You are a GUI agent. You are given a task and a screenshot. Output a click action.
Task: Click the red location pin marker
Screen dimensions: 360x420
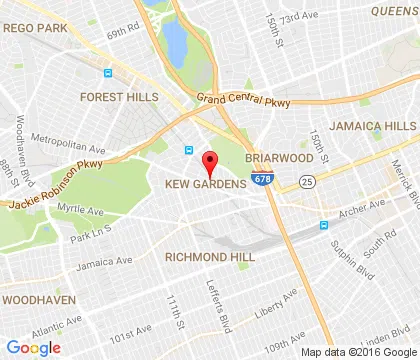[x=210, y=162]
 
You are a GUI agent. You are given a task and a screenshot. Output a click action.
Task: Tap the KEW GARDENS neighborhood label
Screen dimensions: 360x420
[x=206, y=185]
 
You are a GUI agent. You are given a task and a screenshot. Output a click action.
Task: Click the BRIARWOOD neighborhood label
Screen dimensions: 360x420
[x=280, y=158]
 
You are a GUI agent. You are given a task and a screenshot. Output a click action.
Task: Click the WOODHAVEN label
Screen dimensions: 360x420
[x=31, y=299]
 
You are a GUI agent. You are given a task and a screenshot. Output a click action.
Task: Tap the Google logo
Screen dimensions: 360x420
[x=33, y=347]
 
